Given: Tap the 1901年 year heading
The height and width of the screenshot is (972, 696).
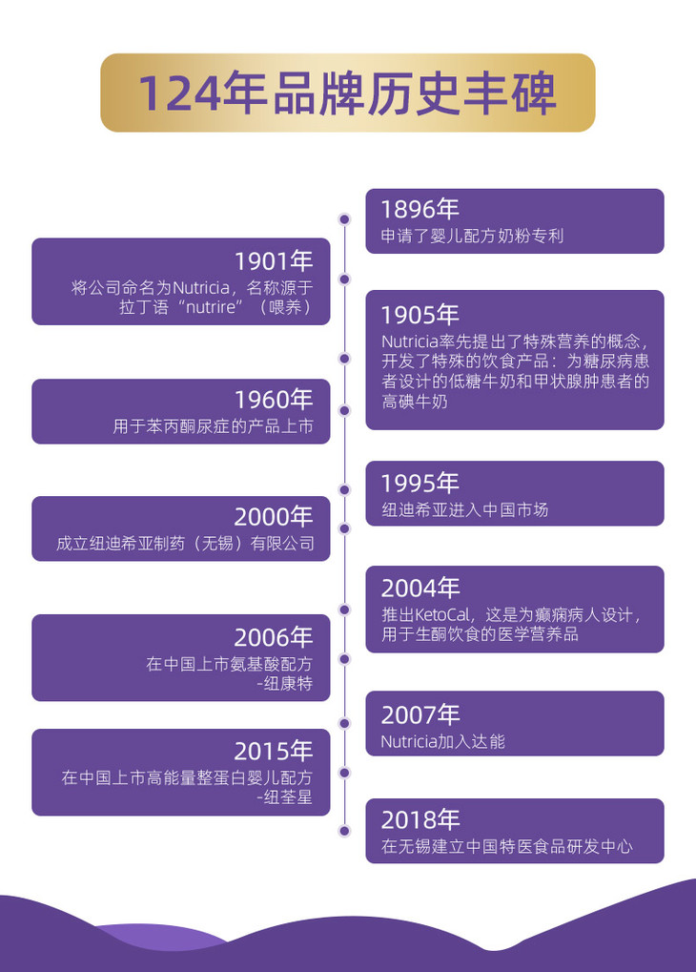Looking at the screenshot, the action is click(274, 260).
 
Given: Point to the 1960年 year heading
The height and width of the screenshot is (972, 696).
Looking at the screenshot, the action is click(274, 400).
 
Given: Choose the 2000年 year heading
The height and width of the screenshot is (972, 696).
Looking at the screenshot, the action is click(274, 517).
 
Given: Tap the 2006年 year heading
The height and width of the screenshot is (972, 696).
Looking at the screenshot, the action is click(274, 636).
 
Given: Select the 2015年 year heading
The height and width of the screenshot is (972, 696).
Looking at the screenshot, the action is click(274, 751).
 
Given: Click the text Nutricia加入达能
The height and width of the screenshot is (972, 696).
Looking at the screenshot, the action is click(442, 741).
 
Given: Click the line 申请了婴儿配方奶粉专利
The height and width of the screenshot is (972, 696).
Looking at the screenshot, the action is click(472, 235).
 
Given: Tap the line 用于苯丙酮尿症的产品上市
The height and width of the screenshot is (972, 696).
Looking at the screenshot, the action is click(213, 426).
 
